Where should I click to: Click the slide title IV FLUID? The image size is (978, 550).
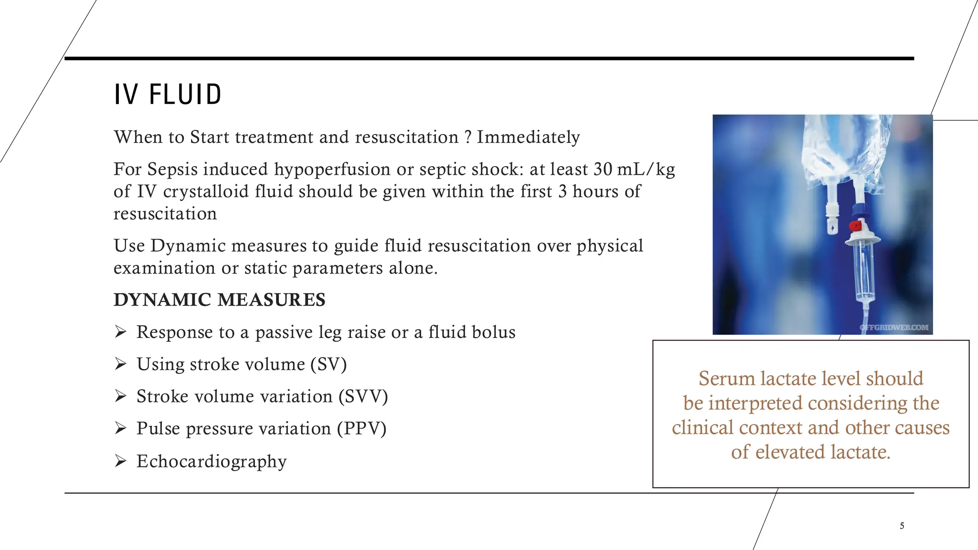click(x=168, y=94)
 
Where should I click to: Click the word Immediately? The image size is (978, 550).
click(x=528, y=137)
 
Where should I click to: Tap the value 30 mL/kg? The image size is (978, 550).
click(x=634, y=169)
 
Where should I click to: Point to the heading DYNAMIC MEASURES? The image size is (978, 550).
click(x=219, y=300)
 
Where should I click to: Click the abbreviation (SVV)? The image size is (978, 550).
click(x=363, y=396)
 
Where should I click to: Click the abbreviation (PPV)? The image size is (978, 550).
click(x=361, y=428)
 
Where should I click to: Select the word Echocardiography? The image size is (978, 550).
click(x=212, y=461)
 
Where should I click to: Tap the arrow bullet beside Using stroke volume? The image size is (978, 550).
click(x=120, y=364)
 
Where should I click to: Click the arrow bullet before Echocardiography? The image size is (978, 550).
click(x=120, y=461)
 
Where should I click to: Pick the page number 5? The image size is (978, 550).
click(x=902, y=526)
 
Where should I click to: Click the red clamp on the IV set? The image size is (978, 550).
click(x=855, y=226)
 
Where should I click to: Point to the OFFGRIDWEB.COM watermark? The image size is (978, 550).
click(x=894, y=328)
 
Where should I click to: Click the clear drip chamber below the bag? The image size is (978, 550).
click(x=864, y=272)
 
